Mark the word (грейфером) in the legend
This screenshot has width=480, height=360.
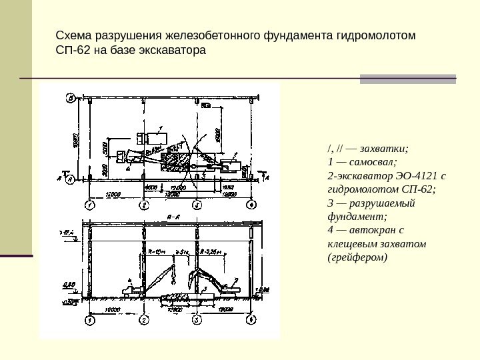[357, 257]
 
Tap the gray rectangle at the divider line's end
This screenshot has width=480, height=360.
[407, 79]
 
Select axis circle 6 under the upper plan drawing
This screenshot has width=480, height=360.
[251, 204]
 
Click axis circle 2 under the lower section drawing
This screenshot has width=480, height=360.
[143, 321]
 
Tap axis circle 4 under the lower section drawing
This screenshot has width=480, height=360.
[251, 321]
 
